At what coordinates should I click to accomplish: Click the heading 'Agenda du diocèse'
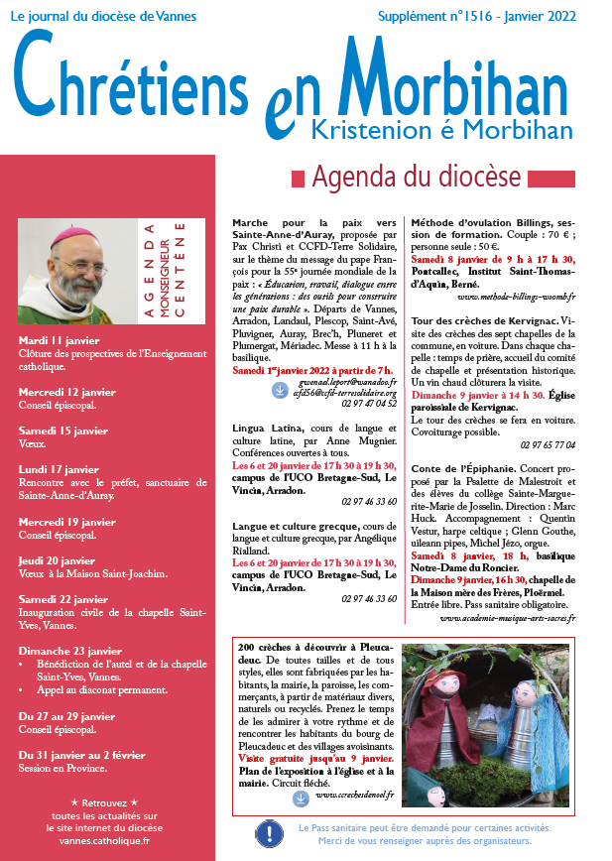click(x=417, y=179)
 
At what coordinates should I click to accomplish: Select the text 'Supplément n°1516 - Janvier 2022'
click(x=491, y=17)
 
